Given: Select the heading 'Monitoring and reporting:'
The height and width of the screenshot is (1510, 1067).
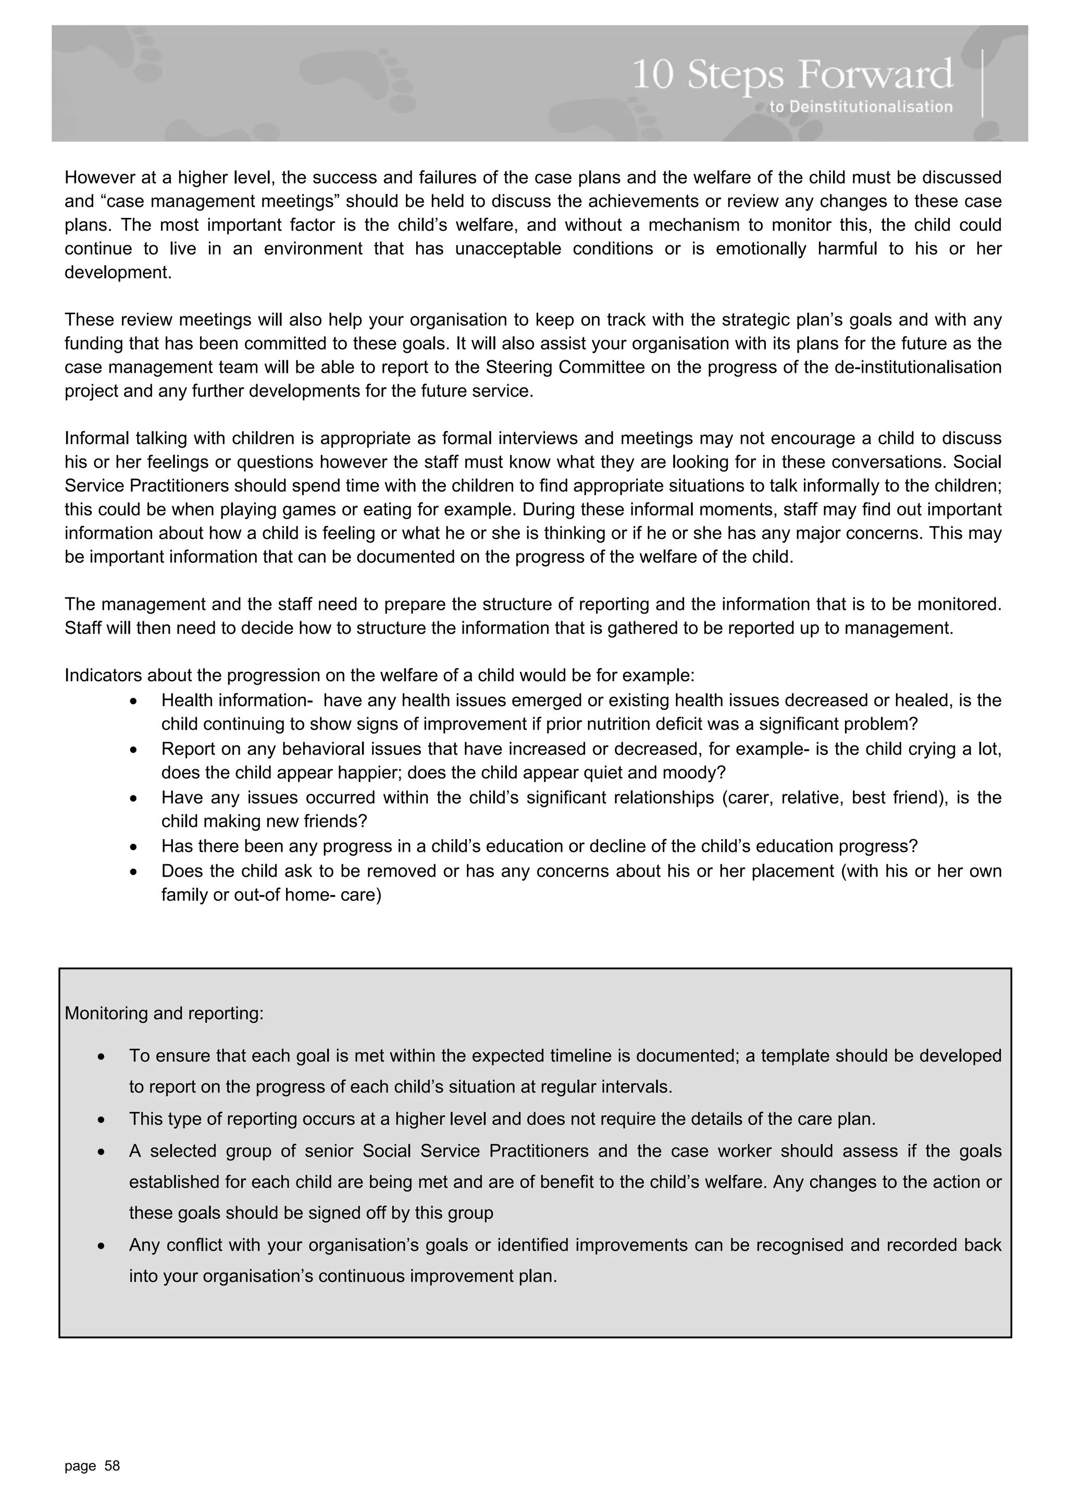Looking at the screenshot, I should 164,1013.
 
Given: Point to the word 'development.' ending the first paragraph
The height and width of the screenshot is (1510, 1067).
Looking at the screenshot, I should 118,272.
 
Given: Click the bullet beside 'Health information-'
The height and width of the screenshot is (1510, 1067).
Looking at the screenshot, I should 134,702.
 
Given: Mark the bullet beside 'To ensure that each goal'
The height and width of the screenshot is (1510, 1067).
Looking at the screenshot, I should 101,1058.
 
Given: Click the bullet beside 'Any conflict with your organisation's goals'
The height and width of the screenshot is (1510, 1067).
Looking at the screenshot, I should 101,1247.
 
